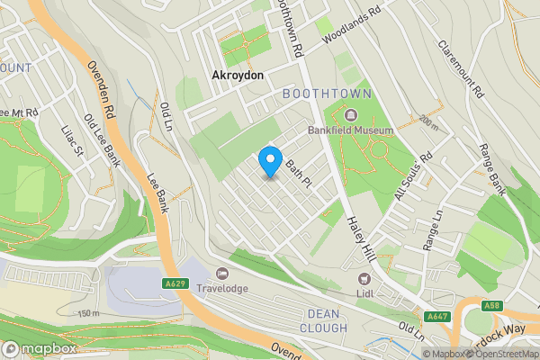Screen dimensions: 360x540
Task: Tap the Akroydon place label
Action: pyautogui.click(x=238, y=76)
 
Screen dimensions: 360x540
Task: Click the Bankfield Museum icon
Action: pyautogui.click(x=350, y=114)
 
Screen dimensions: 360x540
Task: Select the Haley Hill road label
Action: pyautogui.click(x=360, y=242)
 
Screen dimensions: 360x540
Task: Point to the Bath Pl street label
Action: pyautogui.click(x=298, y=167)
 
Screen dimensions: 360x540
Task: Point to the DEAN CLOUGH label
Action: pyautogui.click(x=321, y=320)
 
